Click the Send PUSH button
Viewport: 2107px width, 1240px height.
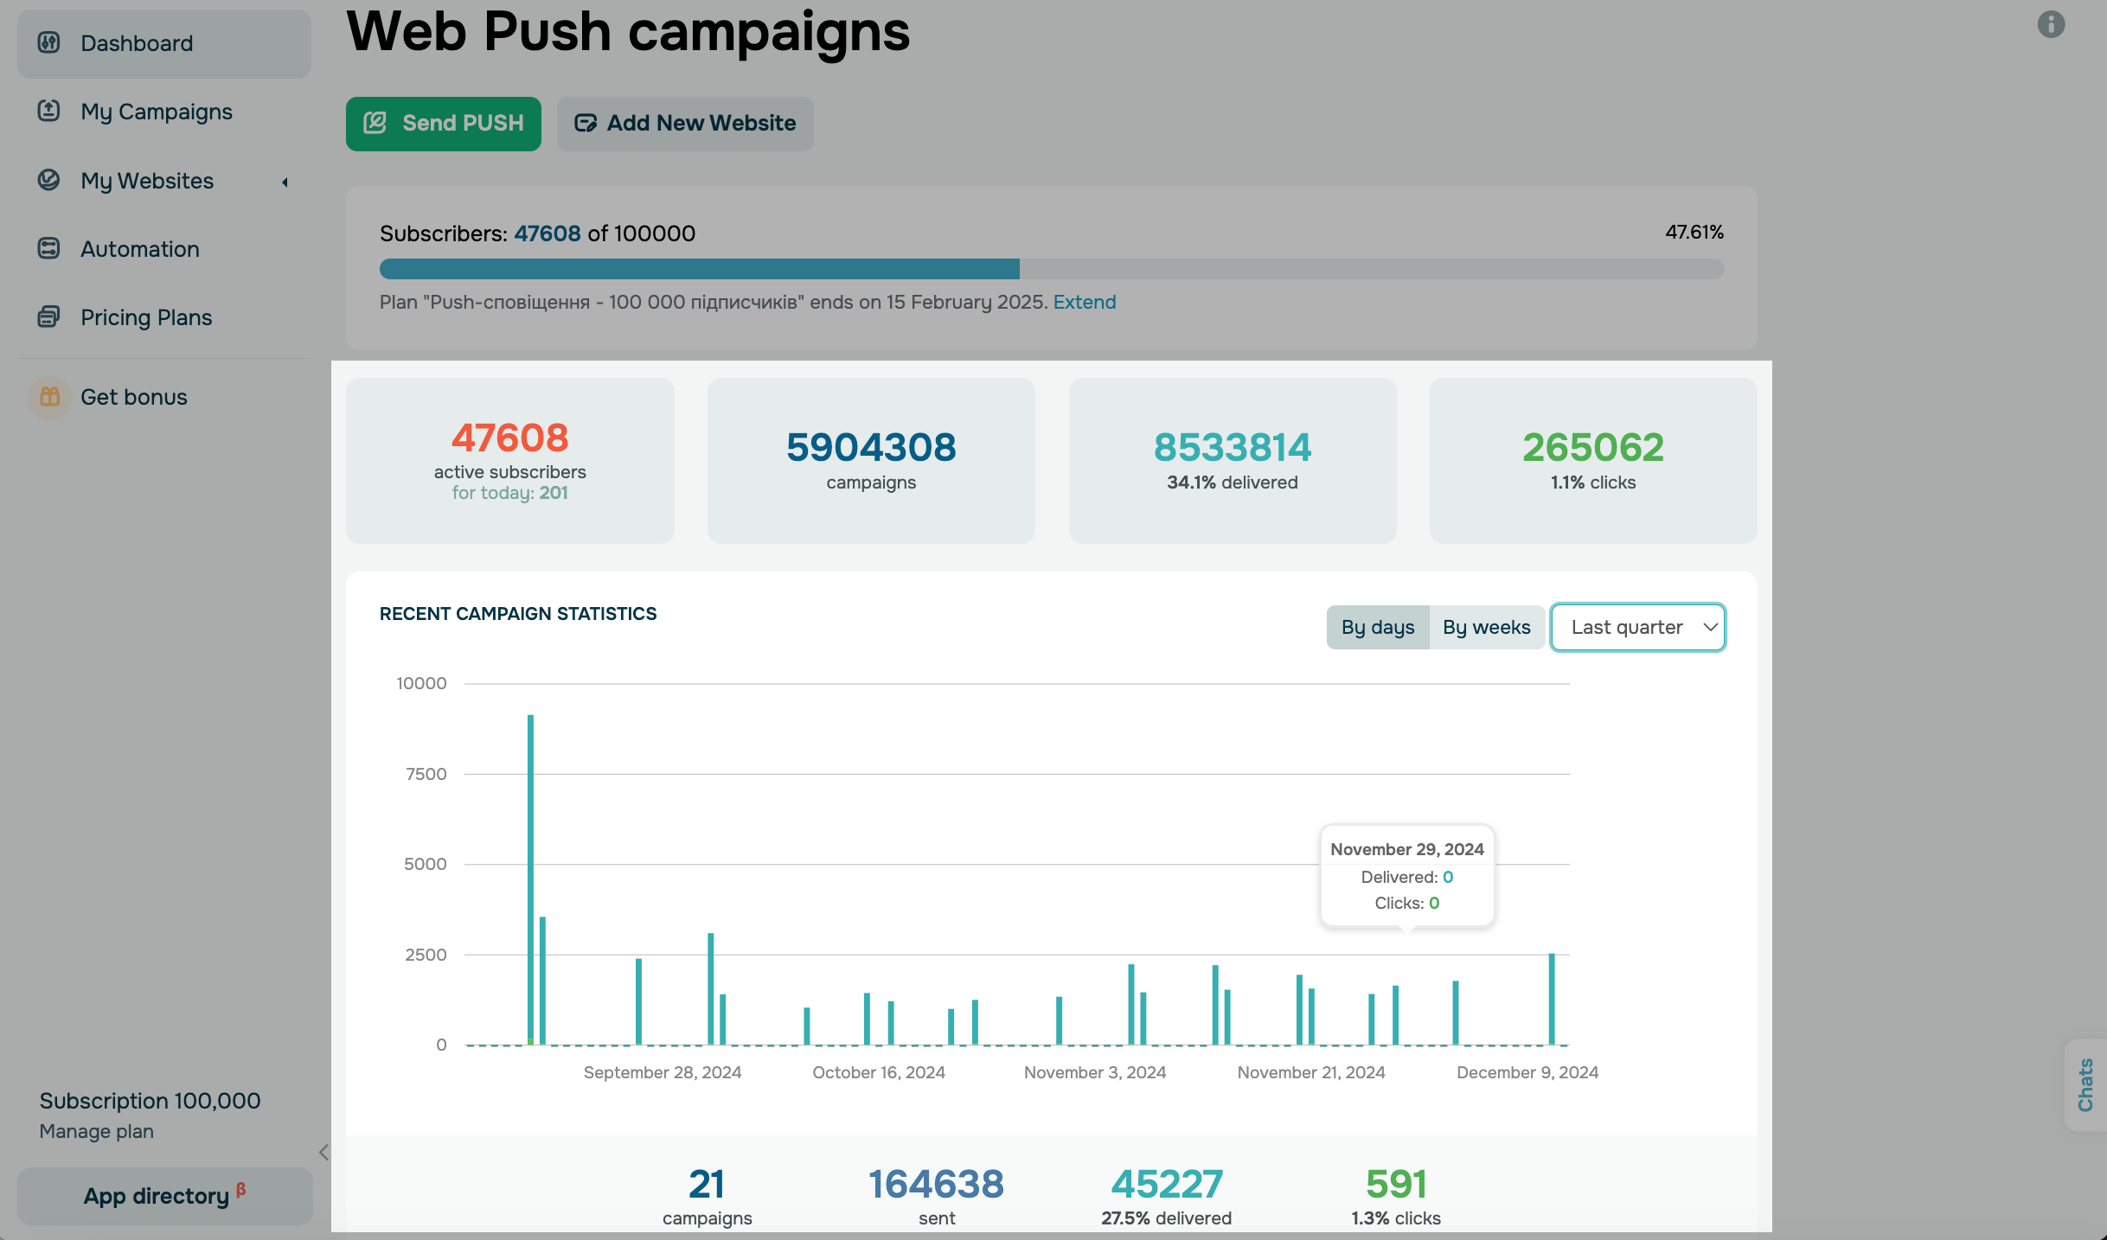pyautogui.click(x=443, y=124)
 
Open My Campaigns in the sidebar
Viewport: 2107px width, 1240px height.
pyautogui.click(x=156, y=112)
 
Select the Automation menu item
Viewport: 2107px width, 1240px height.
pyautogui.click(x=139, y=249)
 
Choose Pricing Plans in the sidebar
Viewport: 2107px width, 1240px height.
pyautogui.click(x=145, y=317)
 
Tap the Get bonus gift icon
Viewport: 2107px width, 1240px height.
pyautogui.click(x=50, y=397)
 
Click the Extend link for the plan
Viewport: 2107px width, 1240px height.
pyautogui.click(x=1084, y=302)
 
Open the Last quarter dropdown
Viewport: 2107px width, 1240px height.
pyautogui.click(x=1637, y=627)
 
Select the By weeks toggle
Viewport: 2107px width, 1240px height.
pyautogui.click(x=1486, y=627)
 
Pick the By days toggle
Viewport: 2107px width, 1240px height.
pyautogui.click(x=1378, y=627)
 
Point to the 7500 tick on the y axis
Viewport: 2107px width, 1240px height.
pyautogui.click(x=426, y=774)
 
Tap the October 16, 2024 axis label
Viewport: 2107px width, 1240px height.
pyautogui.click(x=878, y=1072)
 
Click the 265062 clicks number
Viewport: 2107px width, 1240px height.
pyautogui.click(x=1592, y=447)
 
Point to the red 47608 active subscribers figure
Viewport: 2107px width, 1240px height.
pyautogui.click(x=509, y=438)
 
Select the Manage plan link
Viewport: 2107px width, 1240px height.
pyautogui.click(x=96, y=1131)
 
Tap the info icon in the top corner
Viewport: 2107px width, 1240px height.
pyautogui.click(x=2051, y=24)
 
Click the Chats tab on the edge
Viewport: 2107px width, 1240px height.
pyautogui.click(x=2085, y=1084)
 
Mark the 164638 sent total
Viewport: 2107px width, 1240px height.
pyautogui.click(x=936, y=1184)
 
